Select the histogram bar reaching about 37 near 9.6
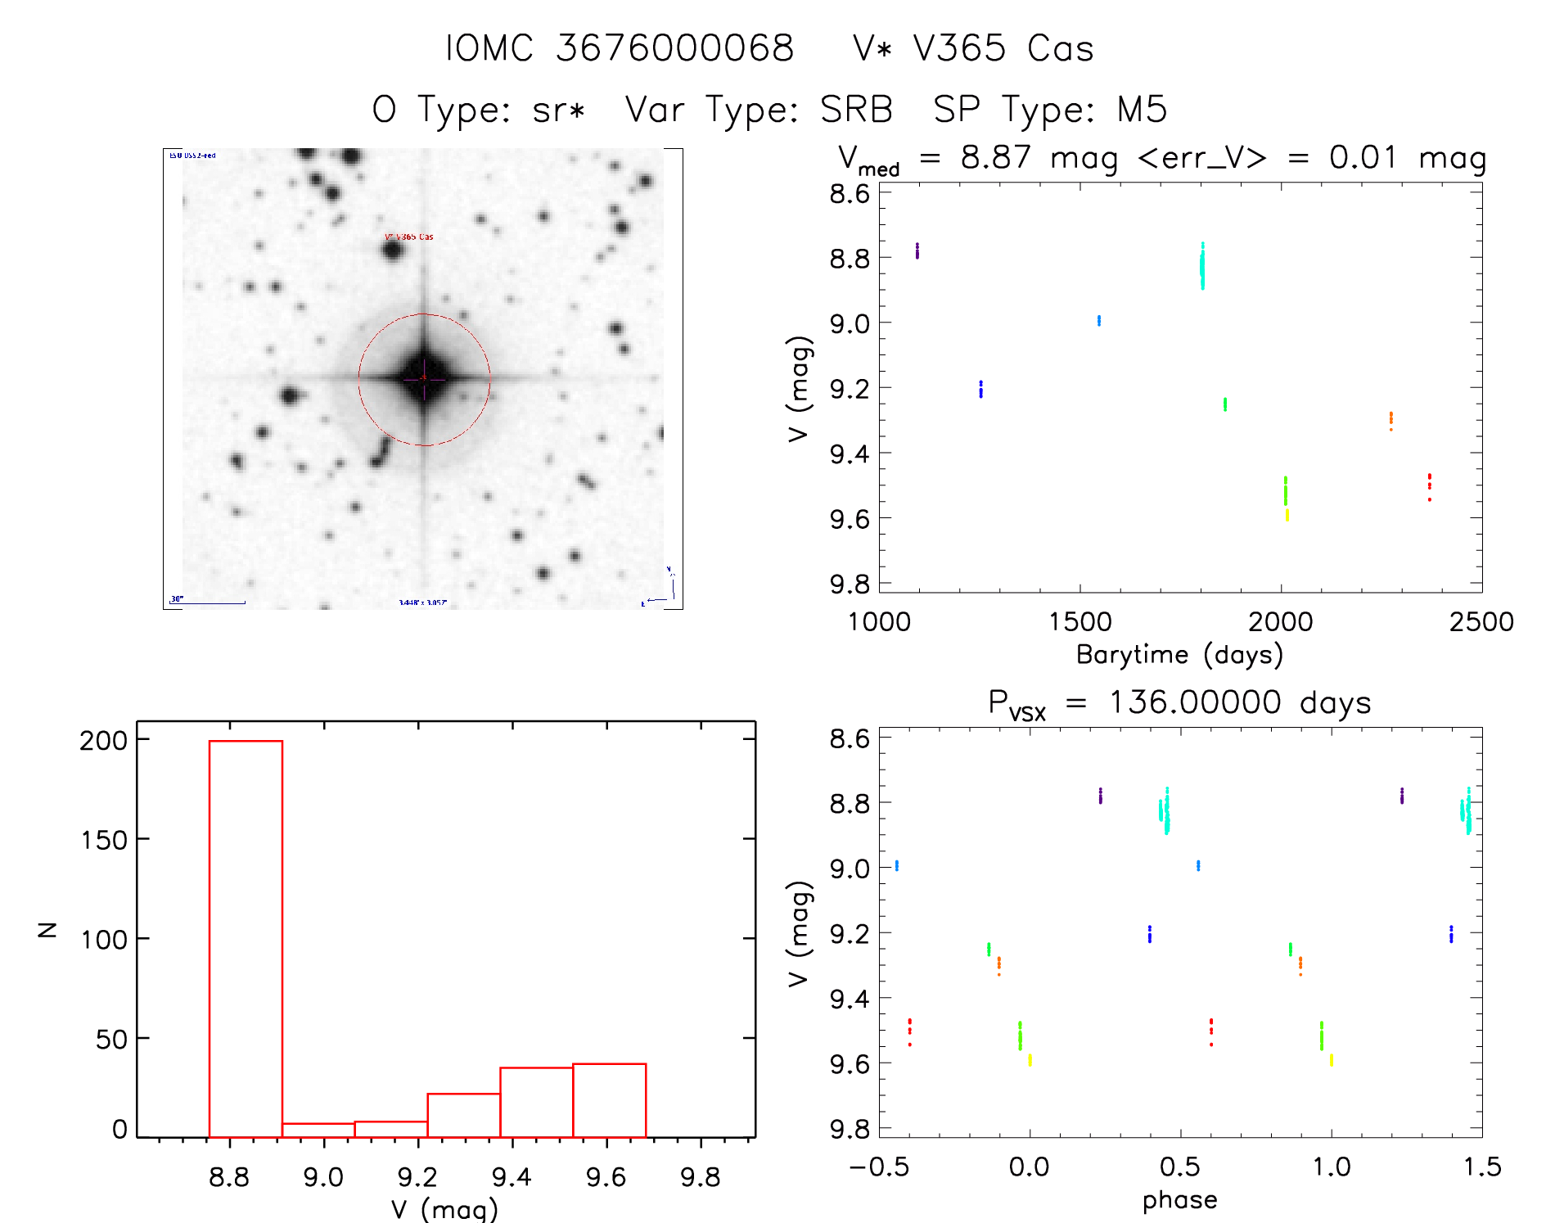(x=609, y=1100)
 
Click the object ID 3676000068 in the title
(x=674, y=48)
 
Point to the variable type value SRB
(x=855, y=110)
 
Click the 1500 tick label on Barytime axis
(x=1079, y=622)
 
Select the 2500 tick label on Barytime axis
(x=1481, y=622)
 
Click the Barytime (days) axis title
(x=1179, y=655)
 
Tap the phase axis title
(x=1179, y=1200)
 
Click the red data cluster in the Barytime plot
(x=1429, y=485)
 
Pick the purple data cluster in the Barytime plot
(x=917, y=250)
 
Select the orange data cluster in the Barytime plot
(x=1390, y=420)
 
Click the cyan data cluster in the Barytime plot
(x=1202, y=266)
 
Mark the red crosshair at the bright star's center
(x=423, y=378)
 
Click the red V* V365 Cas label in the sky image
(x=409, y=237)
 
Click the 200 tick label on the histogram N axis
(x=104, y=741)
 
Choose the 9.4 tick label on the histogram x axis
(x=512, y=1178)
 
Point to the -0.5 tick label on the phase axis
(x=879, y=1167)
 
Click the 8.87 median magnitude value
(x=995, y=157)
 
